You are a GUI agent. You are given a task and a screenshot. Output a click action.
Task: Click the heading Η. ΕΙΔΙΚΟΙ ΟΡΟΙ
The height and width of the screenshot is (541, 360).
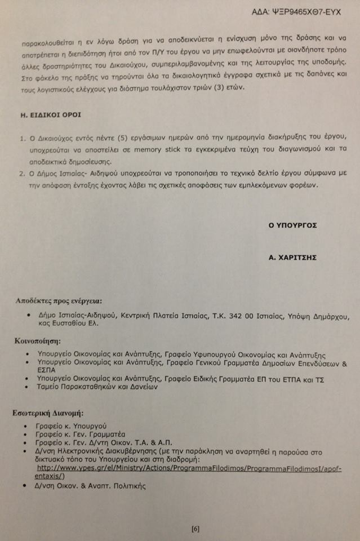[x=48, y=114]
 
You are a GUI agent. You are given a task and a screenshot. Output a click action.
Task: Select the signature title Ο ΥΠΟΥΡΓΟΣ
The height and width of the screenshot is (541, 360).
[x=292, y=225]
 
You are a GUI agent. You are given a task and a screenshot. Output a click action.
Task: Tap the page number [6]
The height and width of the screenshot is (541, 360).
[x=195, y=529]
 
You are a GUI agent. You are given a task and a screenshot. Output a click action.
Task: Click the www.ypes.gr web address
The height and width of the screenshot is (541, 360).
[x=189, y=469]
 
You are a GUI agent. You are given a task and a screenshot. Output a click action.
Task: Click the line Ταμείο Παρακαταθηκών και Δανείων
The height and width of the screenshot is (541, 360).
[x=97, y=387]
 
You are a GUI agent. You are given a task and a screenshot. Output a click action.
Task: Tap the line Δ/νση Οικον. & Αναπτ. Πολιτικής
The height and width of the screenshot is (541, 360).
[x=91, y=486]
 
